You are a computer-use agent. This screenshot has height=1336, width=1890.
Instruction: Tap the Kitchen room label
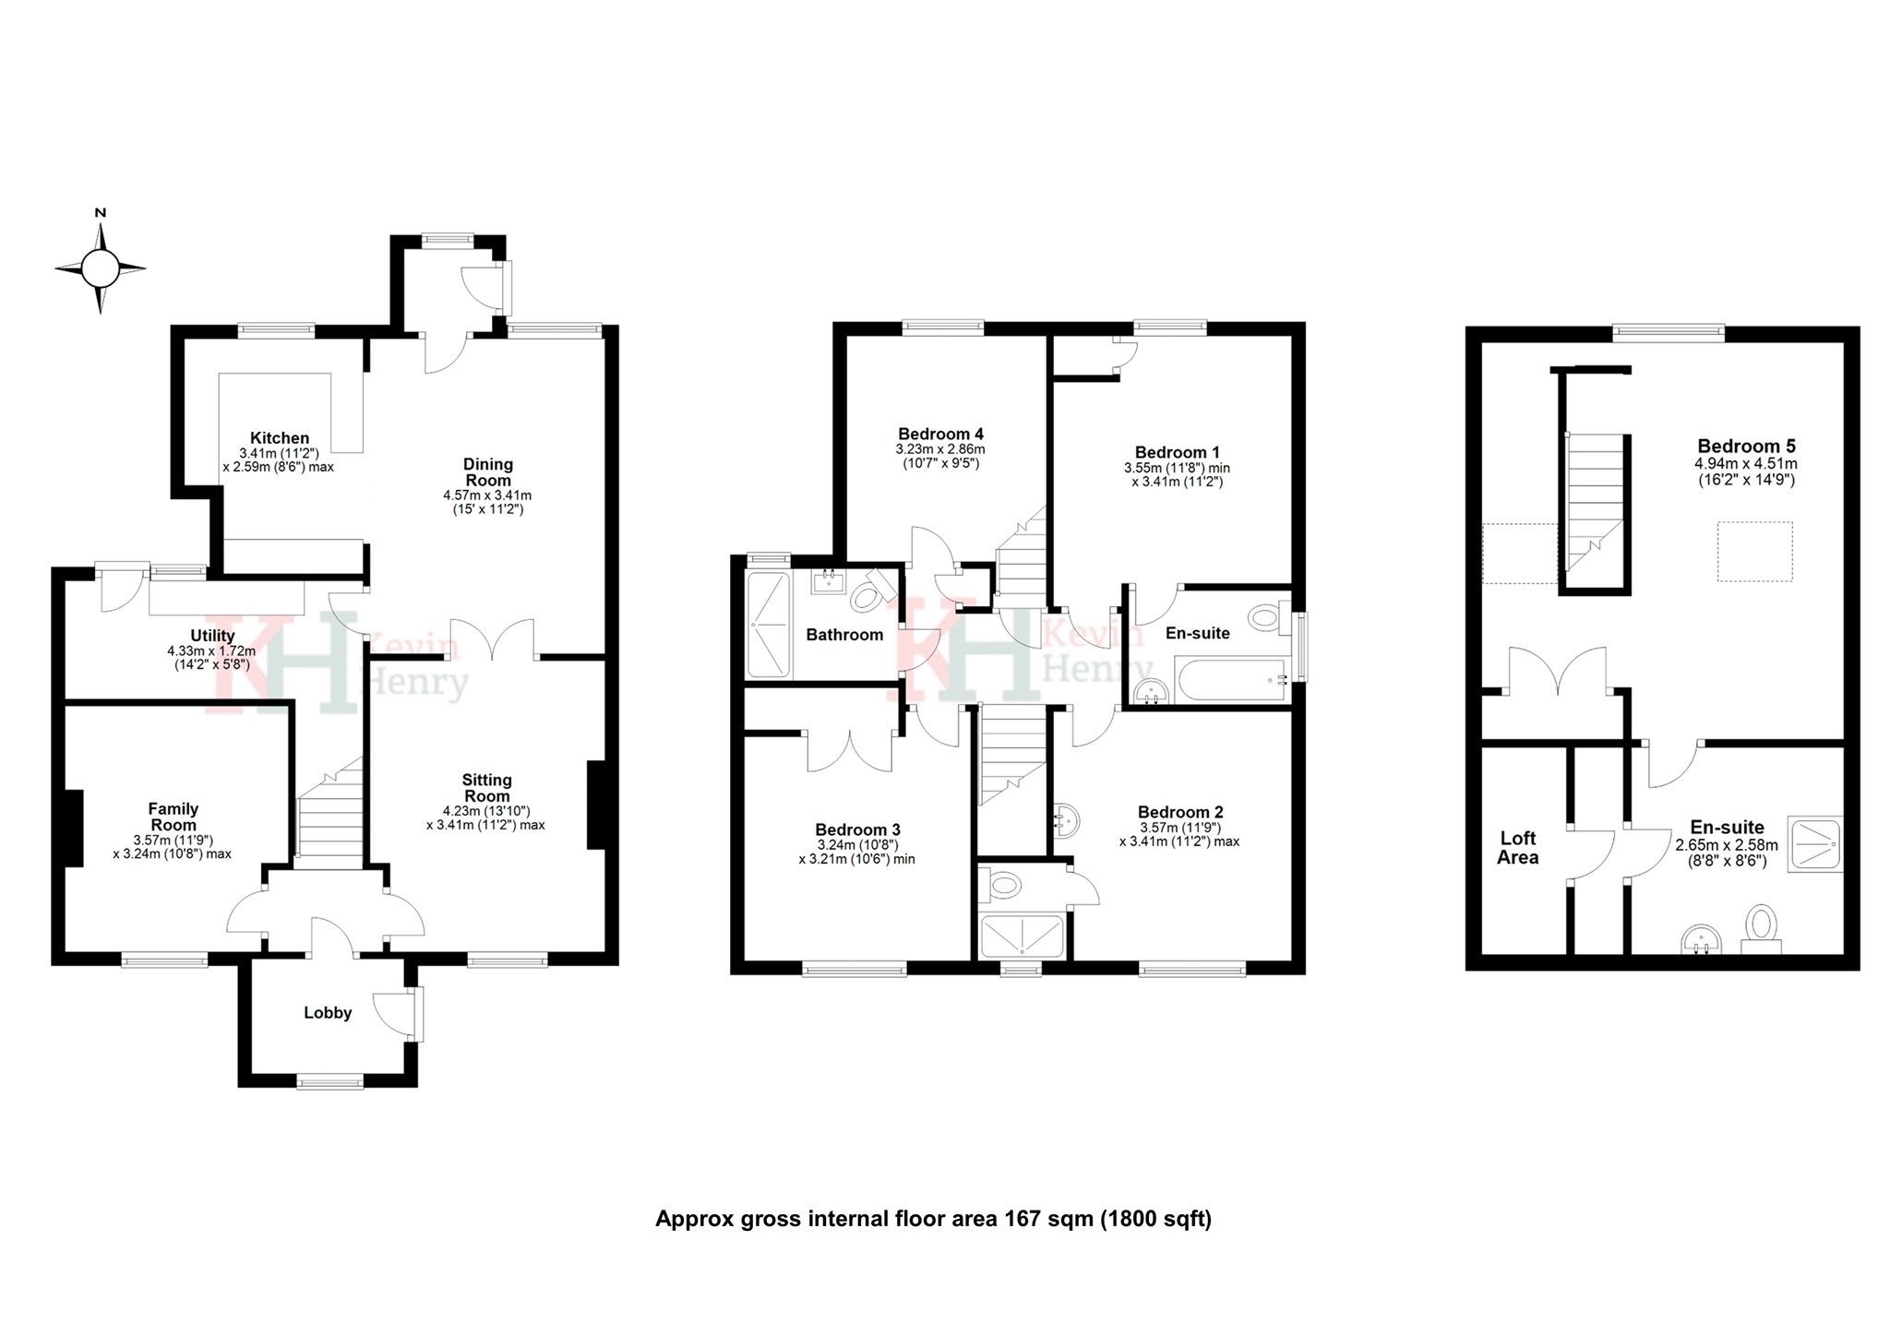pyautogui.click(x=280, y=438)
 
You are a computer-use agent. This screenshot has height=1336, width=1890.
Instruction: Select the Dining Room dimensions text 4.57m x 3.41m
pyautogui.click(x=487, y=495)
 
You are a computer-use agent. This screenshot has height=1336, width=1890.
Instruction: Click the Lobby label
pyautogui.click(x=328, y=1013)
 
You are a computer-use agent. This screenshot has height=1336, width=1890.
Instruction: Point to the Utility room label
pyautogui.click(x=212, y=636)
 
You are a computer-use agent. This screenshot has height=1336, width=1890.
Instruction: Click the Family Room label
pyautogui.click(x=173, y=817)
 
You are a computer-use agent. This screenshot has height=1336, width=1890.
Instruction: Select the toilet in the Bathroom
pyautogui.click(x=867, y=595)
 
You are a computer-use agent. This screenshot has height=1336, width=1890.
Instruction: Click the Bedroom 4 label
pyautogui.click(x=940, y=434)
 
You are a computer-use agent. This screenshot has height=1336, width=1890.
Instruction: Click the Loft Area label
pyautogui.click(x=1517, y=847)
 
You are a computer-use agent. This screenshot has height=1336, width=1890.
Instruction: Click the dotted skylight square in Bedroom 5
pyautogui.click(x=1754, y=552)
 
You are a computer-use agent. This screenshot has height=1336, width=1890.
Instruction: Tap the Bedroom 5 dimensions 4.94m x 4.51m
pyautogui.click(x=1746, y=464)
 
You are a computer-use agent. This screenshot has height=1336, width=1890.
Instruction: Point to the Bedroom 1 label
pyautogui.click(x=1177, y=452)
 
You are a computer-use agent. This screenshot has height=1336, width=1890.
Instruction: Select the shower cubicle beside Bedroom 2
pyautogui.click(x=1022, y=935)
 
